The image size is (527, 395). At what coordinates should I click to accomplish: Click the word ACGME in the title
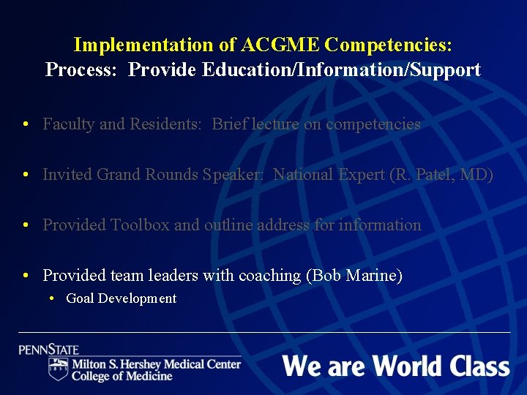[x=280, y=45]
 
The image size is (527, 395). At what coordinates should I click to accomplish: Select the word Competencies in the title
[x=388, y=45]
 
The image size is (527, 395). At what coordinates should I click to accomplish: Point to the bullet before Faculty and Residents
[x=26, y=124]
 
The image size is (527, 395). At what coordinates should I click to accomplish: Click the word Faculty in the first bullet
[x=69, y=124]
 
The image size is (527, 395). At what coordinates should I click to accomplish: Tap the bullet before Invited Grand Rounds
[x=26, y=175]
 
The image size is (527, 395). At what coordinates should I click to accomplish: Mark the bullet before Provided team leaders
[x=26, y=276]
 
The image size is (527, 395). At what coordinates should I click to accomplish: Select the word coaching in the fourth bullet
[x=269, y=276]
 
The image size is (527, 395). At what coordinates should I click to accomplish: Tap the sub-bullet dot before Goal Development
[x=53, y=298]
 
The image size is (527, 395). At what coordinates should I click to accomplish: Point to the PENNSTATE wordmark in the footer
[x=49, y=349]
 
